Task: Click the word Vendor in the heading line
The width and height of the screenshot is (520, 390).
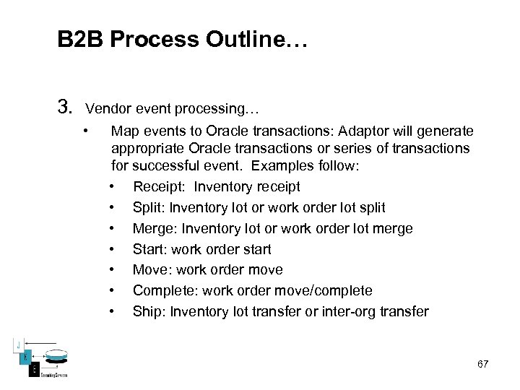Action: click(108, 110)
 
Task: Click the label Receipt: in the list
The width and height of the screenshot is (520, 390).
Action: click(159, 187)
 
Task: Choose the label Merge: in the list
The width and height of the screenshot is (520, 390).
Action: click(156, 229)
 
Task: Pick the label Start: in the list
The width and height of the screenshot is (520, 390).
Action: click(149, 250)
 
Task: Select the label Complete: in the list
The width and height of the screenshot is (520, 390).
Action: click(166, 291)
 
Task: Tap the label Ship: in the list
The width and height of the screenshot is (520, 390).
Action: click(148, 312)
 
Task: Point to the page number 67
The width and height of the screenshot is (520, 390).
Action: click(482, 364)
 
